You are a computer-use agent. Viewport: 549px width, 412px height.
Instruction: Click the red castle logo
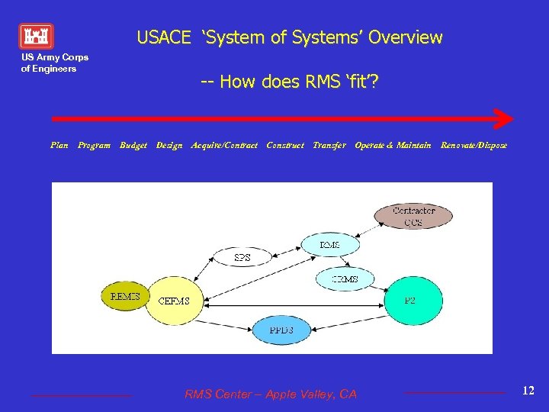[x=36, y=36]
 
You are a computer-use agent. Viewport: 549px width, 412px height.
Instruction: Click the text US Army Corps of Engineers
[x=54, y=63]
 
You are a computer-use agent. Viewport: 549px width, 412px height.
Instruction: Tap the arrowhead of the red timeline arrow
[x=504, y=119]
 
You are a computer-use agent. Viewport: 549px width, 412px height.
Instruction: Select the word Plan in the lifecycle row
[x=59, y=145]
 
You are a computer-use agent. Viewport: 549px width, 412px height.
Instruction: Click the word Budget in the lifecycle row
[x=133, y=145]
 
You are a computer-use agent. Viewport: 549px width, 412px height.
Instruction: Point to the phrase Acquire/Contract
[x=224, y=145]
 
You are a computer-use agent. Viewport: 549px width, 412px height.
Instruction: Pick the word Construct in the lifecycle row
[x=285, y=145]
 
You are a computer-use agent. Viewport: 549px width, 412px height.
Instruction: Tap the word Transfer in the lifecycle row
[x=330, y=145]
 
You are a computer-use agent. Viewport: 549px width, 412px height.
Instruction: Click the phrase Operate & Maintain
[x=393, y=145]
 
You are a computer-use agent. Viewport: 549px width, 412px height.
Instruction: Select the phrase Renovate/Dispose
[x=474, y=145]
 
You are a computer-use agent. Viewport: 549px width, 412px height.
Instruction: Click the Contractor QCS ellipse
[x=413, y=216]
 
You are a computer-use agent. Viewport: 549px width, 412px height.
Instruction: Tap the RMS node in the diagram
[x=330, y=245]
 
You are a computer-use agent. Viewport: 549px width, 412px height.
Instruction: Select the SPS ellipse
[x=242, y=258]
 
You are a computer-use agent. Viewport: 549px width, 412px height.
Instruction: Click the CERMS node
[x=345, y=279]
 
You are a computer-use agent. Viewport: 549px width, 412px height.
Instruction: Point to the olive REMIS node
[x=125, y=296]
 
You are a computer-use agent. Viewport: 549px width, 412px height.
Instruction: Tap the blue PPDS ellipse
[x=281, y=330]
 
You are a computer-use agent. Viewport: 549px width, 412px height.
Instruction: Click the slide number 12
[x=528, y=391]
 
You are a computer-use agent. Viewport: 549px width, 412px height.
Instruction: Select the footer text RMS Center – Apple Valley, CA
[x=270, y=394]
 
